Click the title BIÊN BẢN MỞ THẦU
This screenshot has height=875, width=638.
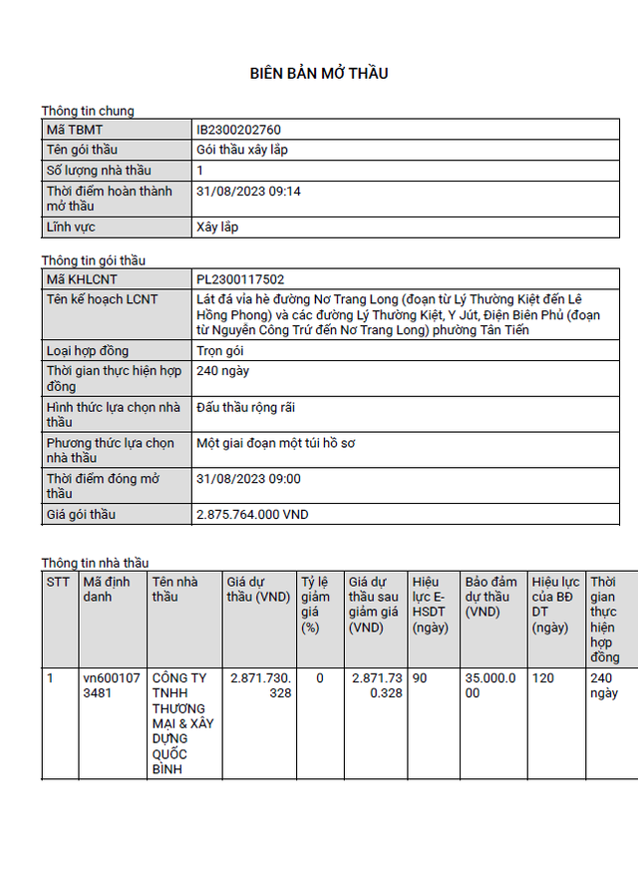[318, 73]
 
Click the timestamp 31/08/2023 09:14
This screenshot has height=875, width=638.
[248, 191]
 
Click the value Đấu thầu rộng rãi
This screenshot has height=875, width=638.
[245, 407]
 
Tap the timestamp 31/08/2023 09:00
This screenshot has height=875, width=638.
[248, 479]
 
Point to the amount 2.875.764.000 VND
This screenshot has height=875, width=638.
[252, 515]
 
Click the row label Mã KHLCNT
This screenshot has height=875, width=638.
[81, 279]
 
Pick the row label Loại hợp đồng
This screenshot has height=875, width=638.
[88, 351]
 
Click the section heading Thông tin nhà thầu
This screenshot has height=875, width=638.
[95, 563]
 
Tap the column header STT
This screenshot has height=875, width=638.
[58, 582]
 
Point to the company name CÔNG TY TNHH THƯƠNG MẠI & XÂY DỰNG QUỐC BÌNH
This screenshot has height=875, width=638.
[181, 723]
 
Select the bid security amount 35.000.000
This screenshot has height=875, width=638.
[489, 685]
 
